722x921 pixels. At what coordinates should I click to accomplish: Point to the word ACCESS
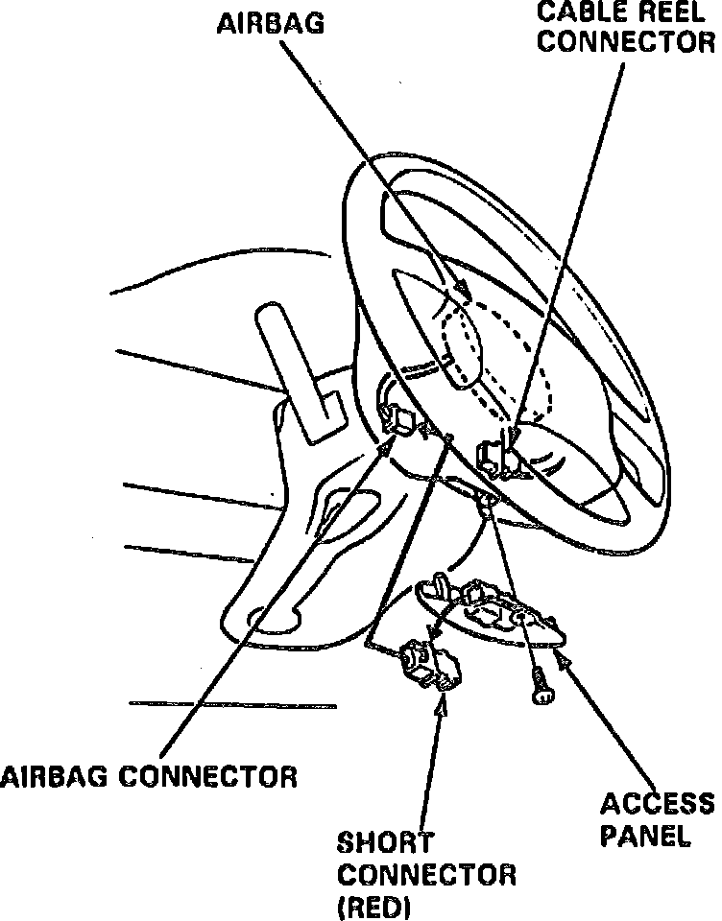pyautogui.click(x=659, y=803)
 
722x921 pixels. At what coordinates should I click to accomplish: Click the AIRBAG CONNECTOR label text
pyautogui.click(x=149, y=775)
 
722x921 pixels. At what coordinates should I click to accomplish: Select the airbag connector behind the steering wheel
pyautogui.click(x=398, y=416)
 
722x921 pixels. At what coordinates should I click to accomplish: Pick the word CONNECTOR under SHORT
pyautogui.click(x=425, y=875)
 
